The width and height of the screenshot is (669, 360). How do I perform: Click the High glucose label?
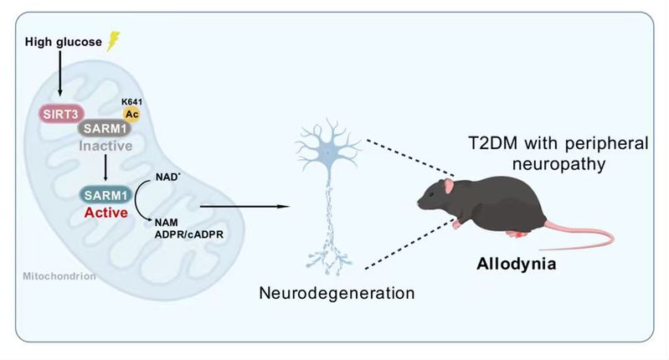pos(62,41)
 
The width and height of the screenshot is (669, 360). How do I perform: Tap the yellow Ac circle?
pos(131,113)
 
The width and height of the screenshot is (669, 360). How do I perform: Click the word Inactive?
pos(108,146)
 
